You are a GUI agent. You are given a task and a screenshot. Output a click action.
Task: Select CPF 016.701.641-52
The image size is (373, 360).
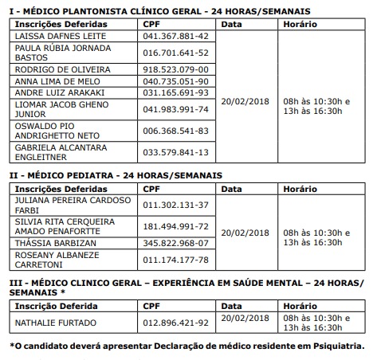175,53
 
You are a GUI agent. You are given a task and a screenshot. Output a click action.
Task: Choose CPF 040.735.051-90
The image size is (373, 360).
175,80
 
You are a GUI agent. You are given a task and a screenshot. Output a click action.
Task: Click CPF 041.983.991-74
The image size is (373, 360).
175,109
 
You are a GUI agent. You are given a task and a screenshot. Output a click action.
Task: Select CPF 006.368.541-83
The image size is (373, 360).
175,131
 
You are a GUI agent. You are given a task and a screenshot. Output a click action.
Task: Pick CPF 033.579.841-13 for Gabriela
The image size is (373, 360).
175,152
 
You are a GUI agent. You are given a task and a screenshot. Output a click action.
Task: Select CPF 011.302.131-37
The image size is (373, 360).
175,205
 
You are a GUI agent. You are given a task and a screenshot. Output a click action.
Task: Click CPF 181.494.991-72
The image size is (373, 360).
175,226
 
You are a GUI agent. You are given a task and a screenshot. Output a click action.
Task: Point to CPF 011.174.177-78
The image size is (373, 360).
175,259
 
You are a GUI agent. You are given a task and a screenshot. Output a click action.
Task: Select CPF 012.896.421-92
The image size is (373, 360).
175,322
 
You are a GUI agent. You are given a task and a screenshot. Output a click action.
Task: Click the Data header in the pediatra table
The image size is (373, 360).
232,187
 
